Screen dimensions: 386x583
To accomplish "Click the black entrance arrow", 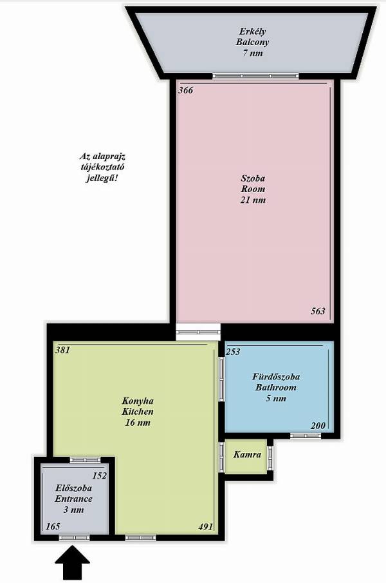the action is [x=72, y=562].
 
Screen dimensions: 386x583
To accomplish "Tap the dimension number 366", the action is [x=185, y=90].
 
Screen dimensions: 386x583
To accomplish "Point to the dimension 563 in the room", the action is [x=318, y=311].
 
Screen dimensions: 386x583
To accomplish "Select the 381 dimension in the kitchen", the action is [x=62, y=350].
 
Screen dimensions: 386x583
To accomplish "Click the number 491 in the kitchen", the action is [x=206, y=526].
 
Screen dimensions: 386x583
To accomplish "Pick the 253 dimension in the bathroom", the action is [x=233, y=352].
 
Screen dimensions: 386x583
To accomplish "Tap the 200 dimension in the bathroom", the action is [x=318, y=425].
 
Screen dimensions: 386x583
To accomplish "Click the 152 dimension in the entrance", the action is [x=100, y=475].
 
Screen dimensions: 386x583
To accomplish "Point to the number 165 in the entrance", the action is [x=53, y=526].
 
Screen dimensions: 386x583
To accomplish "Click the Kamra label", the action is [x=247, y=454].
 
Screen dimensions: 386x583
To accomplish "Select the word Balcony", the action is [x=252, y=42].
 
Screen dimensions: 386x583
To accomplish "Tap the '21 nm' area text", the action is [x=253, y=200].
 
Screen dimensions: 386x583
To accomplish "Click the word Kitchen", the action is [x=138, y=412].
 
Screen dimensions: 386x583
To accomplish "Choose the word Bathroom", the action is [x=276, y=387].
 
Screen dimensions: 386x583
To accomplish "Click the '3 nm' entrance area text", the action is [x=73, y=510].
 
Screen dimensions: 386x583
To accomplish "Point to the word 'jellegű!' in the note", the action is [x=102, y=178].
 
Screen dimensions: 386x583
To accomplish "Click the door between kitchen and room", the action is [x=198, y=332].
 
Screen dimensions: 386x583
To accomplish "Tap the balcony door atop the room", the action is [x=256, y=76].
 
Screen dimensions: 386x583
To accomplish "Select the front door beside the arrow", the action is [x=74, y=538].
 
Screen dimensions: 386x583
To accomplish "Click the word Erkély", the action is [x=252, y=32].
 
